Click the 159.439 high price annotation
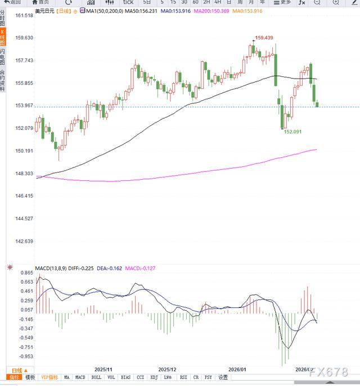coord(264,38)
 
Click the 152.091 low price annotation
coord(292,132)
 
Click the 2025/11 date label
coord(103,369)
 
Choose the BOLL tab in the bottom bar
coord(96,378)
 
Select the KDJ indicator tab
coord(153,378)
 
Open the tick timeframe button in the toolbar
coord(129,2)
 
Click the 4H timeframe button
coord(217,2)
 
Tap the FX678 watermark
coord(329,371)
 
